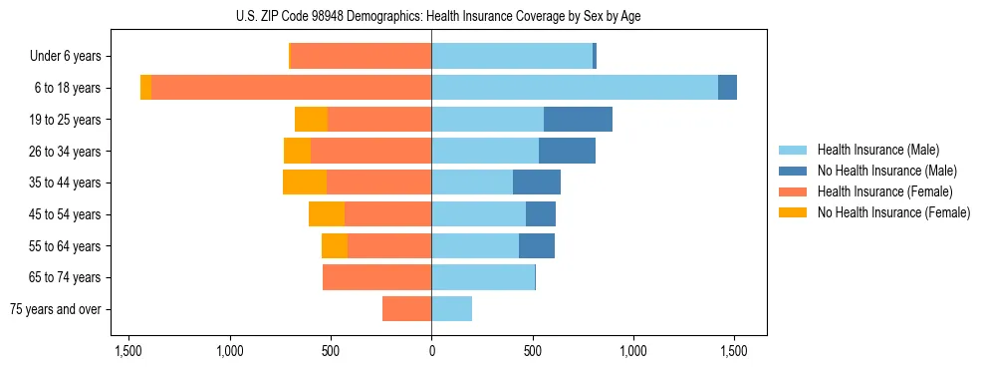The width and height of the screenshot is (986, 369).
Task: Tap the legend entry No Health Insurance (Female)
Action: (x=893, y=212)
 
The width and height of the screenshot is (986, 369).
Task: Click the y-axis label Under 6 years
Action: (x=71, y=57)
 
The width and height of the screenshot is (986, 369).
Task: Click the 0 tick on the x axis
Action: (x=431, y=351)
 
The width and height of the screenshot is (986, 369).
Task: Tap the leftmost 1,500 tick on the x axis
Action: (x=128, y=351)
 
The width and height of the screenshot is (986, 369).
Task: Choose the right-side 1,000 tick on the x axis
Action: (x=633, y=351)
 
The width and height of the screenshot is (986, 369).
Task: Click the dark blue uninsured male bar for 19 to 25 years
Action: (x=578, y=120)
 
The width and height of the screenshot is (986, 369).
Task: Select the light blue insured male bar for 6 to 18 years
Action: (x=575, y=88)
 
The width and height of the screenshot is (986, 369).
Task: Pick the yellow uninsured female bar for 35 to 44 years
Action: (x=305, y=183)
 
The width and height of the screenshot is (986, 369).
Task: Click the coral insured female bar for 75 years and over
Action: (x=406, y=309)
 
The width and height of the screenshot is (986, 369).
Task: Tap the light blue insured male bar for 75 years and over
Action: (x=451, y=309)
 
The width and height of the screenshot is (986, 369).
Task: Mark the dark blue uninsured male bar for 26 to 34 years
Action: (x=567, y=151)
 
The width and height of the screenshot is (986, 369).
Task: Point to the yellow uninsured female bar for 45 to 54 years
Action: (x=327, y=214)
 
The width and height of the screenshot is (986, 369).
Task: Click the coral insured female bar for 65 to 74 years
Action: (x=376, y=277)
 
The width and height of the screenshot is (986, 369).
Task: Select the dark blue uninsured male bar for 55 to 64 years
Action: (x=537, y=245)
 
